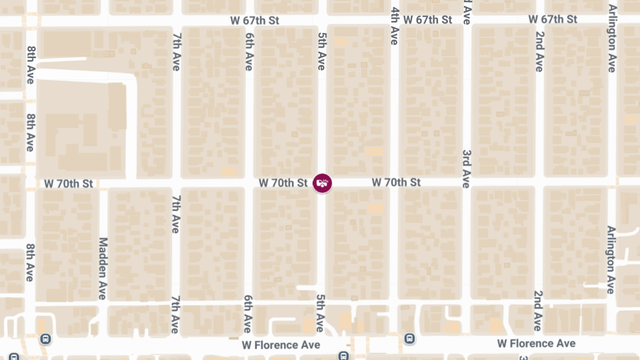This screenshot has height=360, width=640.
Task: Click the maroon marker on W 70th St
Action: (322, 183)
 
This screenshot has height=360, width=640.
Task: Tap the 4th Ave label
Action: (395, 26)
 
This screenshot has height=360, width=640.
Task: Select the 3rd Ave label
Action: (466, 169)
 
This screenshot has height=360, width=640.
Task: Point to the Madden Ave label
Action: (103, 268)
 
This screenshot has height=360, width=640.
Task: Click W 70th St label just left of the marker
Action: (283, 183)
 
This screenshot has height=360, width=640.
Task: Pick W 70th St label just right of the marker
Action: (396, 182)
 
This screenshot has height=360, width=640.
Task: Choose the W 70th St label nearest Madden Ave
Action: (68, 184)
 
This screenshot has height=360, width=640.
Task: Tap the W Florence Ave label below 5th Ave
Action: (281, 345)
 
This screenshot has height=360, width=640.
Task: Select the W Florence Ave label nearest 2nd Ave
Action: (536, 343)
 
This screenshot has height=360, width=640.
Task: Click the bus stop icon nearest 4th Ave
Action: (410, 338)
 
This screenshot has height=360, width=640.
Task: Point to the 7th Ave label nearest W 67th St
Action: (176, 52)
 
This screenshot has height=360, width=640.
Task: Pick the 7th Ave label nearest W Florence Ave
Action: (175, 315)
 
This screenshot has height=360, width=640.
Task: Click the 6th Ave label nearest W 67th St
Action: (249, 52)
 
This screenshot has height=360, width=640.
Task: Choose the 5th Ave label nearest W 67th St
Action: (321, 51)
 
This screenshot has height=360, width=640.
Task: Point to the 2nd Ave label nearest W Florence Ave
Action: (538, 311)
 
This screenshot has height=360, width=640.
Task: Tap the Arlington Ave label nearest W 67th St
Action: (612, 38)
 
